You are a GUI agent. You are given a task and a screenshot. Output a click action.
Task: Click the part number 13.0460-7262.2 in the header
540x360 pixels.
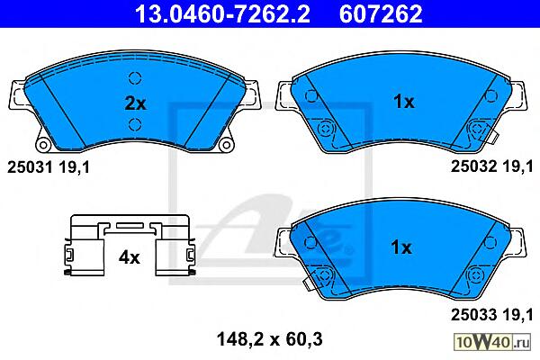222,13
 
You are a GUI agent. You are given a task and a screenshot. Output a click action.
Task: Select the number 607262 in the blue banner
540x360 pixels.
381,13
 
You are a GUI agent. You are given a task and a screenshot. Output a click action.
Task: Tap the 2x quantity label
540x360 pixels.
135,103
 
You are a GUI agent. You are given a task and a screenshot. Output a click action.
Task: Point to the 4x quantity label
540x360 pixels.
129,257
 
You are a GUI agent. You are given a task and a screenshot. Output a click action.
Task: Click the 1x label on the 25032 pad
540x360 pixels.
404,102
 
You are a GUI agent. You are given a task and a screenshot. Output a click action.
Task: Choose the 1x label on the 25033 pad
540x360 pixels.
401,247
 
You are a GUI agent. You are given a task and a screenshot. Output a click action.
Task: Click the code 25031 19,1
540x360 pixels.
49,167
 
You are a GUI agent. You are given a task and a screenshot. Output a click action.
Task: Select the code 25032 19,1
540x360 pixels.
491,166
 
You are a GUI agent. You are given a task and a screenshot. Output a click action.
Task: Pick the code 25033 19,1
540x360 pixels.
491,314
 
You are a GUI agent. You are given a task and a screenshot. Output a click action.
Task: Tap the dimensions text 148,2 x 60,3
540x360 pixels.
270,339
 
